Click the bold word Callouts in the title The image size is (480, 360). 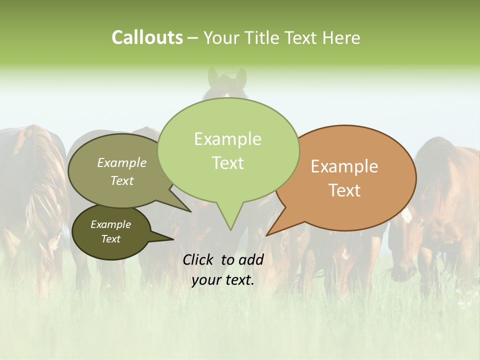click(147, 37)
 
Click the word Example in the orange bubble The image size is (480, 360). click(344, 166)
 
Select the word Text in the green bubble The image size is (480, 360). click(228, 163)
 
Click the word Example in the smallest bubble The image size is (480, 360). click(110, 224)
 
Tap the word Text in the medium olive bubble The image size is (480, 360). click(122, 180)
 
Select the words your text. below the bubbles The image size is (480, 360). click(223, 280)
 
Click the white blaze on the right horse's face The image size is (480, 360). click(407, 214)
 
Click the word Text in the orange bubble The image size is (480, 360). click(345, 190)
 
